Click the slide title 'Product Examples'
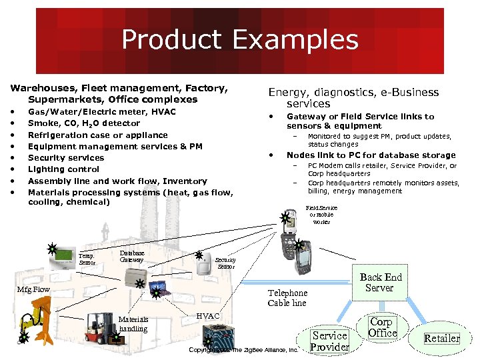[239, 40]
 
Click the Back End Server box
[381, 283]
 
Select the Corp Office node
[383, 327]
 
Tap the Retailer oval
[442, 338]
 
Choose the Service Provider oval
[330, 341]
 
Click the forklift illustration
[98, 327]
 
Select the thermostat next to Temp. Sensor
[65, 256]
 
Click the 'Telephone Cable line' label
[287, 298]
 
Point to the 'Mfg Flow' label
[33, 289]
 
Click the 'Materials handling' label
[133, 323]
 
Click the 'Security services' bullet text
[66, 158]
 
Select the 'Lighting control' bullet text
[63, 169]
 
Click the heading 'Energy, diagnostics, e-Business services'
[353, 98]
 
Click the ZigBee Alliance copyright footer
[243, 349]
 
